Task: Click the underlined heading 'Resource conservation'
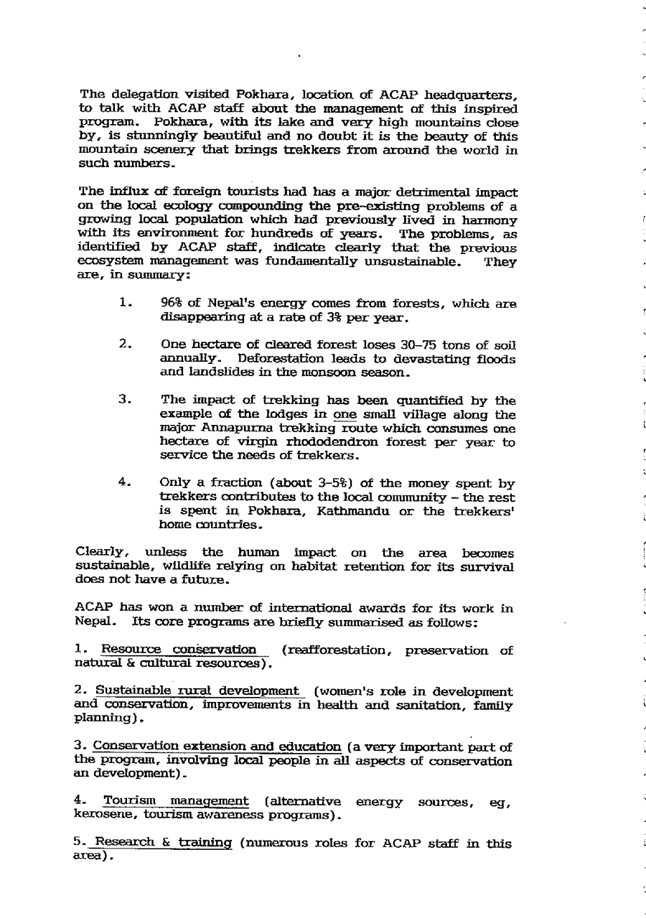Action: point(179,651)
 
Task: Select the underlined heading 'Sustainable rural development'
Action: point(196,692)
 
